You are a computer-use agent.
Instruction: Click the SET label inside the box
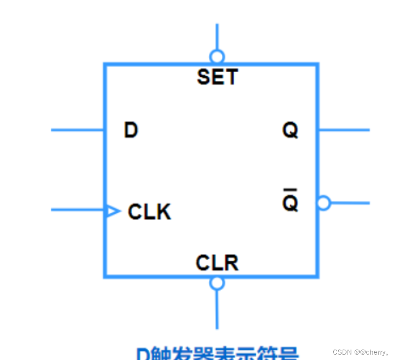pyautogui.click(x=217, y=77)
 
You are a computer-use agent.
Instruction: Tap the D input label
pyautogui.click(x=131, y=131)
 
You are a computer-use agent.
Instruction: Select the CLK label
pyautogui.click(x=149, y=212)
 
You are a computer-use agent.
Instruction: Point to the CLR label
pyautogui.click(x=217, y=263)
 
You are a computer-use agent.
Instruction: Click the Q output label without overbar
pyautogui.click(x=290, y=131)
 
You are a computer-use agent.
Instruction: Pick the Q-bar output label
pyautogui.click(x=290, y=203)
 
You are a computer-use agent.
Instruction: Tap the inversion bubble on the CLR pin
pyautogui.click(x=217, y=283)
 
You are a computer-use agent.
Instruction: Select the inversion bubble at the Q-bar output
pyautogui.click(x=323, y=203)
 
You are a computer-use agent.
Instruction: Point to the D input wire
pyautogui.click(x=77, y=130)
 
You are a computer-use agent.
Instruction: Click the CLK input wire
pyautogui.click(x=77, y=210)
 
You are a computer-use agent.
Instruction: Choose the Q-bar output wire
pyautogui.click(x=350, y=202)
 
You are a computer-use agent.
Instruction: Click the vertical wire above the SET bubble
pyautogui.click(x=217, y=36)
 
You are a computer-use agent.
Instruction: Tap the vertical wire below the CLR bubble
pyautogui.click(x=217, y=309)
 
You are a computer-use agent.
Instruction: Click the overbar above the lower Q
pyautogui.click(x=290, y=190)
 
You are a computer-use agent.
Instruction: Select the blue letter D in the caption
pyautogui.click(x=143, y=354)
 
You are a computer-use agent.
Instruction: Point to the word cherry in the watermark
pyautogui.click(x=375, y=352)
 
